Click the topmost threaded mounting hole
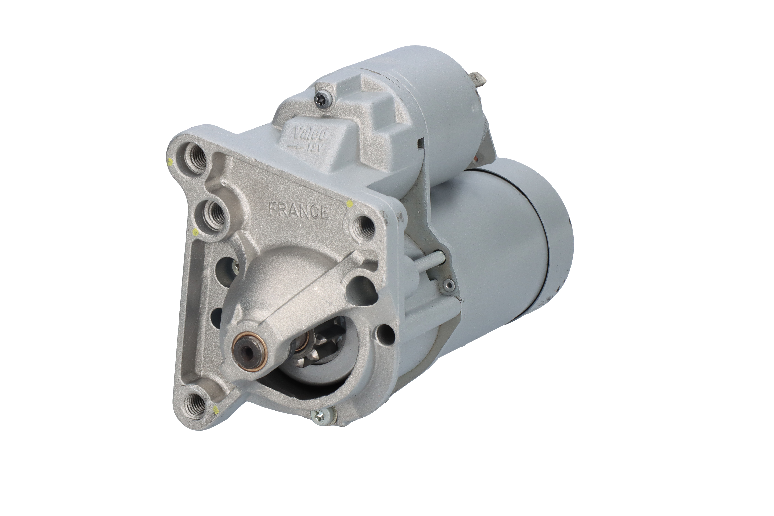pos(197,157)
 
